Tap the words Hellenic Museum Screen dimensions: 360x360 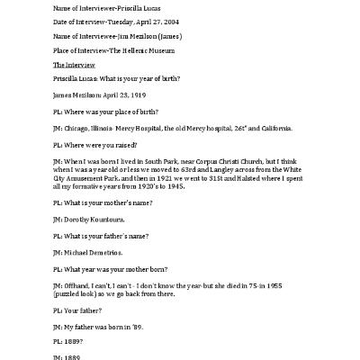coord(160,51)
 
